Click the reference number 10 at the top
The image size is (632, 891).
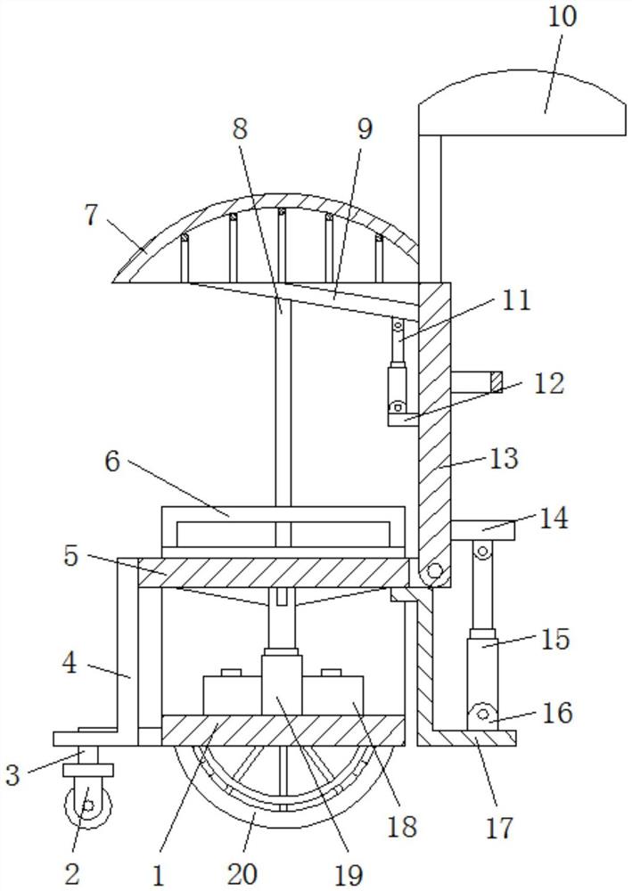pyautogui.click(x=562, y=16)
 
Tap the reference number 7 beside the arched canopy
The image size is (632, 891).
pyautogui.click(x=92, y=216)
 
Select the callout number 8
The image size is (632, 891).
pyautogui.click(x=241, y=129)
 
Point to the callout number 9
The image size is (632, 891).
pyautogui.click(x=365, y=129)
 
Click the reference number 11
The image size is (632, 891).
pyautogui.click(x=515, y=299)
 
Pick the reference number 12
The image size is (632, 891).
pyautogui.click(x=548, y=383)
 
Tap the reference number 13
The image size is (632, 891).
pyautogui.click(x=504, y=458)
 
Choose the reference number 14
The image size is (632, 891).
pyautogui.click(x=553, y=519)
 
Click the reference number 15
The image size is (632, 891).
pyautogui.click(x=554, y=639)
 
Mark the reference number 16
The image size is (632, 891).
pyautogui.click(x=557, y=713)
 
